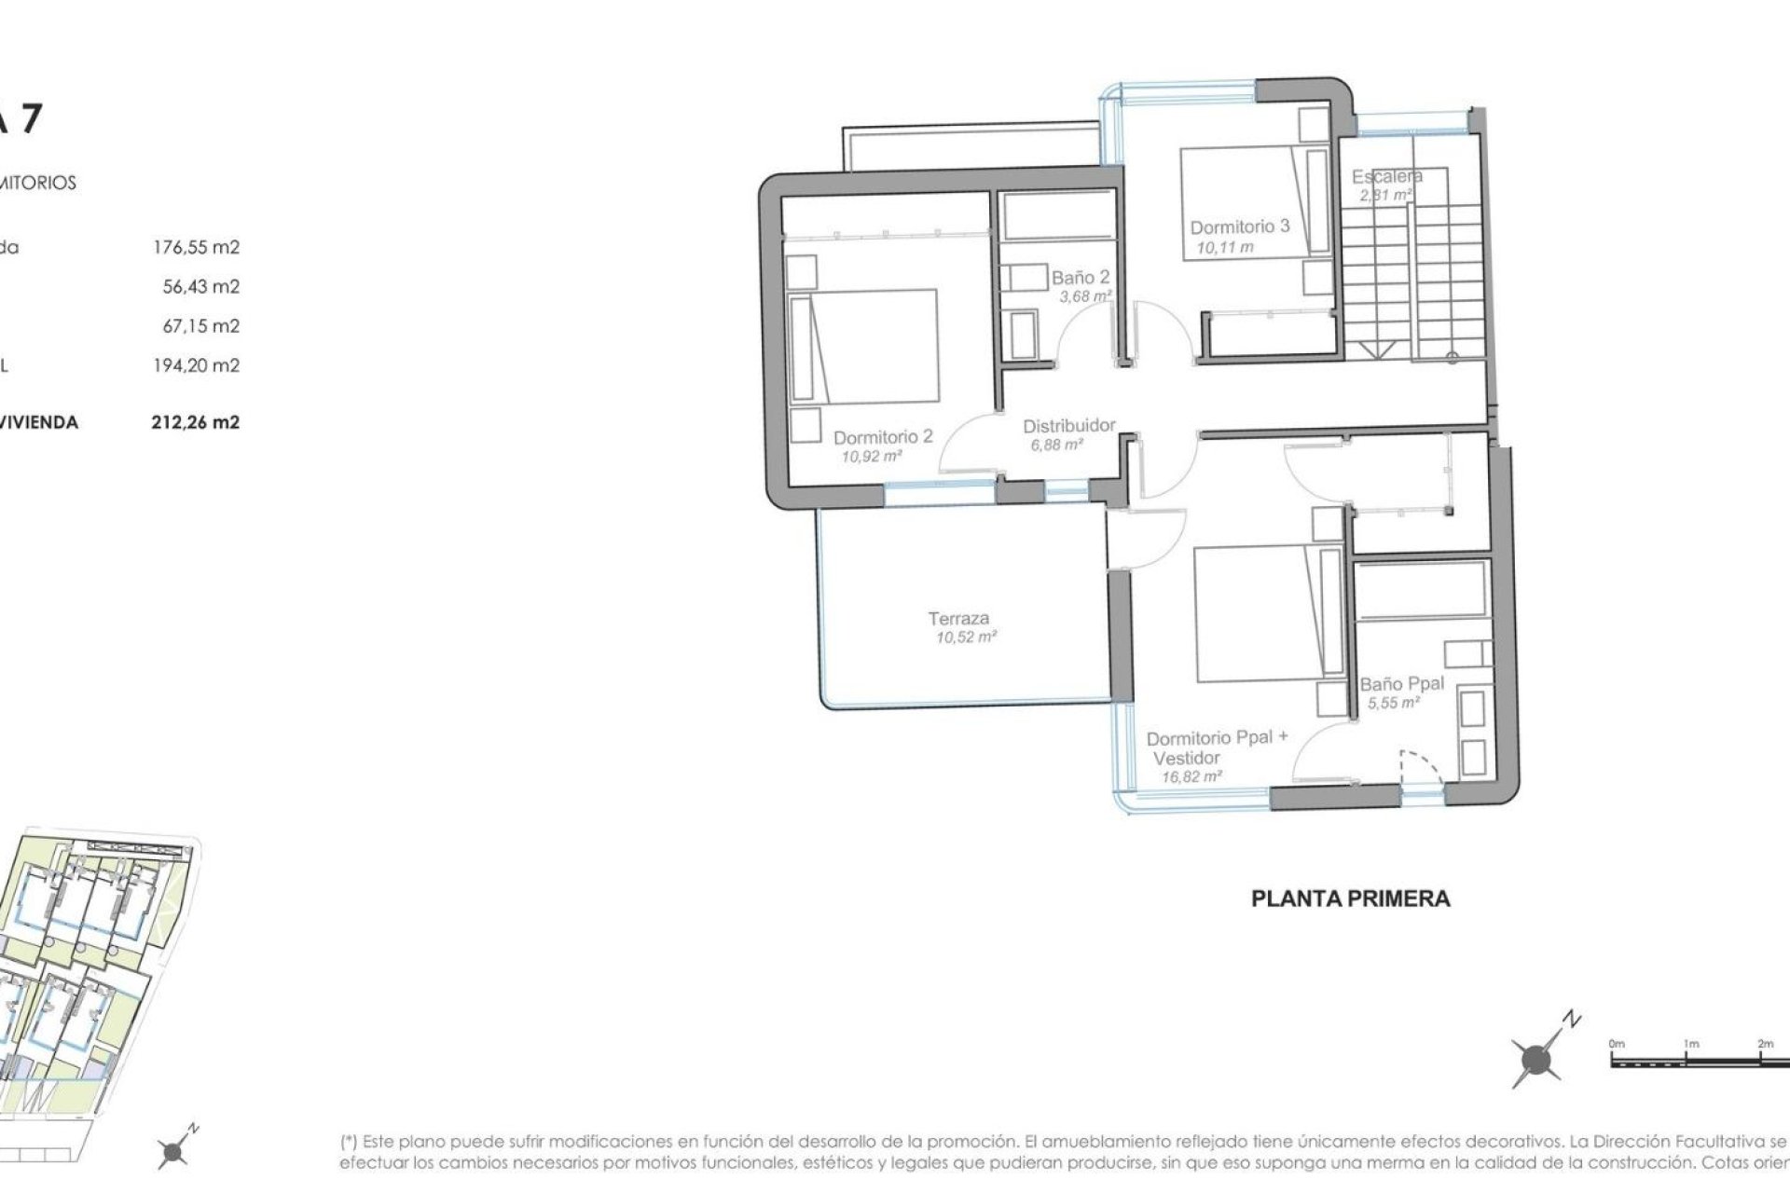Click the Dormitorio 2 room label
[882, 436]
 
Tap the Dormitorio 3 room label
[1239, 226]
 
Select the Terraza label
[958, 618]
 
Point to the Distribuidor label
[1068, 426]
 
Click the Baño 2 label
[1080, 278]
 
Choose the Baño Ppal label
[1401, 683]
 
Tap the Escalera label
[1386, 176]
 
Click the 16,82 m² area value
[1191, 776]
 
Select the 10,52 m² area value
[966, 638]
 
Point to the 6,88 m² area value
[1056, 446]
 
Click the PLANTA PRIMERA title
[1350, 899]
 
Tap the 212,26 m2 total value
[195, 422]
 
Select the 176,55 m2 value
[196, 248]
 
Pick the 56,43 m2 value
[200, 287]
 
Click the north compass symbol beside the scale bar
[1536, 1059]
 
